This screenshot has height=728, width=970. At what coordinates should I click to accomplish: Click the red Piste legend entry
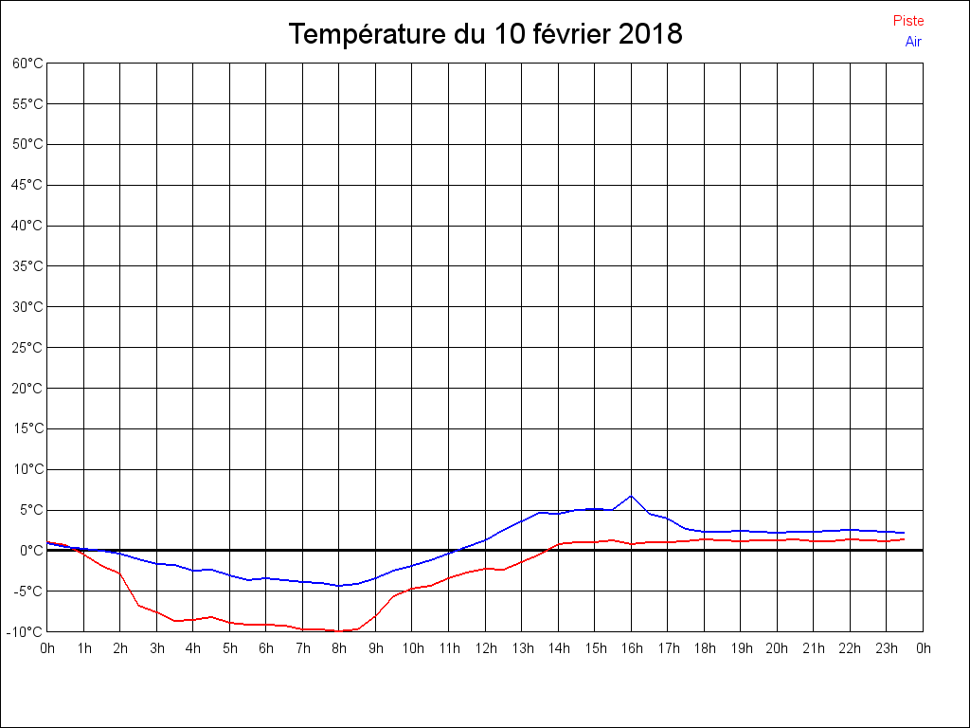pyautogui.click(x=907, y=21)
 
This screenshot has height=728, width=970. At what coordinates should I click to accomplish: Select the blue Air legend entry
pyautogui.click(x=913, y=41)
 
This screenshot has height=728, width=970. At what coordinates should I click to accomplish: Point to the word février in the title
pyautogui.click(x=563, y=34)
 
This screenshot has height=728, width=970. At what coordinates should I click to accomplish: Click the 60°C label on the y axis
pyautogui.click(x=27, y=64)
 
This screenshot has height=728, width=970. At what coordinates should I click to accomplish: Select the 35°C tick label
pyautogui.click(x=27, y=266)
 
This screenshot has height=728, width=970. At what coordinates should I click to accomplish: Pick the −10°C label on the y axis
pyautogui.click(x=26, y=632)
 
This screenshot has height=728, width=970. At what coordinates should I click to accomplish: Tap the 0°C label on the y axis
pyautogui.click(x=30, y=551)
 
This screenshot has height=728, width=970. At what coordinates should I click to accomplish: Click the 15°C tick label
pyautogui.click(x=27, y=428)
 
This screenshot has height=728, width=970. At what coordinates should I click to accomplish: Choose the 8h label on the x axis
pyautogui.click(x=339, y=648)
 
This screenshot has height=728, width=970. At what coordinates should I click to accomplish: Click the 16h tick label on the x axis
pyautogui.click(x=631, y=648)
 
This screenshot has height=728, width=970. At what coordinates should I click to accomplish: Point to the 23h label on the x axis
pyautogui.click(x=886, y=648)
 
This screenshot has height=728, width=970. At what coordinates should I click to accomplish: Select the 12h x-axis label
pyautogui.click(x=485, y=648)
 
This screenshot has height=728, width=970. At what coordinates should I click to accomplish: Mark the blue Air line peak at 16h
pyautogui.click(x=631, y=496)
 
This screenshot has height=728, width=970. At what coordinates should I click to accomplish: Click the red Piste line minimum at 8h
pyautogui.click(x=339, y=631)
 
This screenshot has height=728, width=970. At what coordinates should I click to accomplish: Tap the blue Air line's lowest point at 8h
pyautogui.click(x=339, y=586)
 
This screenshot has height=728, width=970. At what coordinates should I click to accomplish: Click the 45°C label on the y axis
pyautogui.click(x=27, y=185)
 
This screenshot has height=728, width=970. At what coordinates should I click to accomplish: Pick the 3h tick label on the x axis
pyautogui.click(x=156, y=648)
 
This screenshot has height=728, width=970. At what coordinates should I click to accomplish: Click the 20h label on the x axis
pyautogui.click(x=777, y=648)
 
